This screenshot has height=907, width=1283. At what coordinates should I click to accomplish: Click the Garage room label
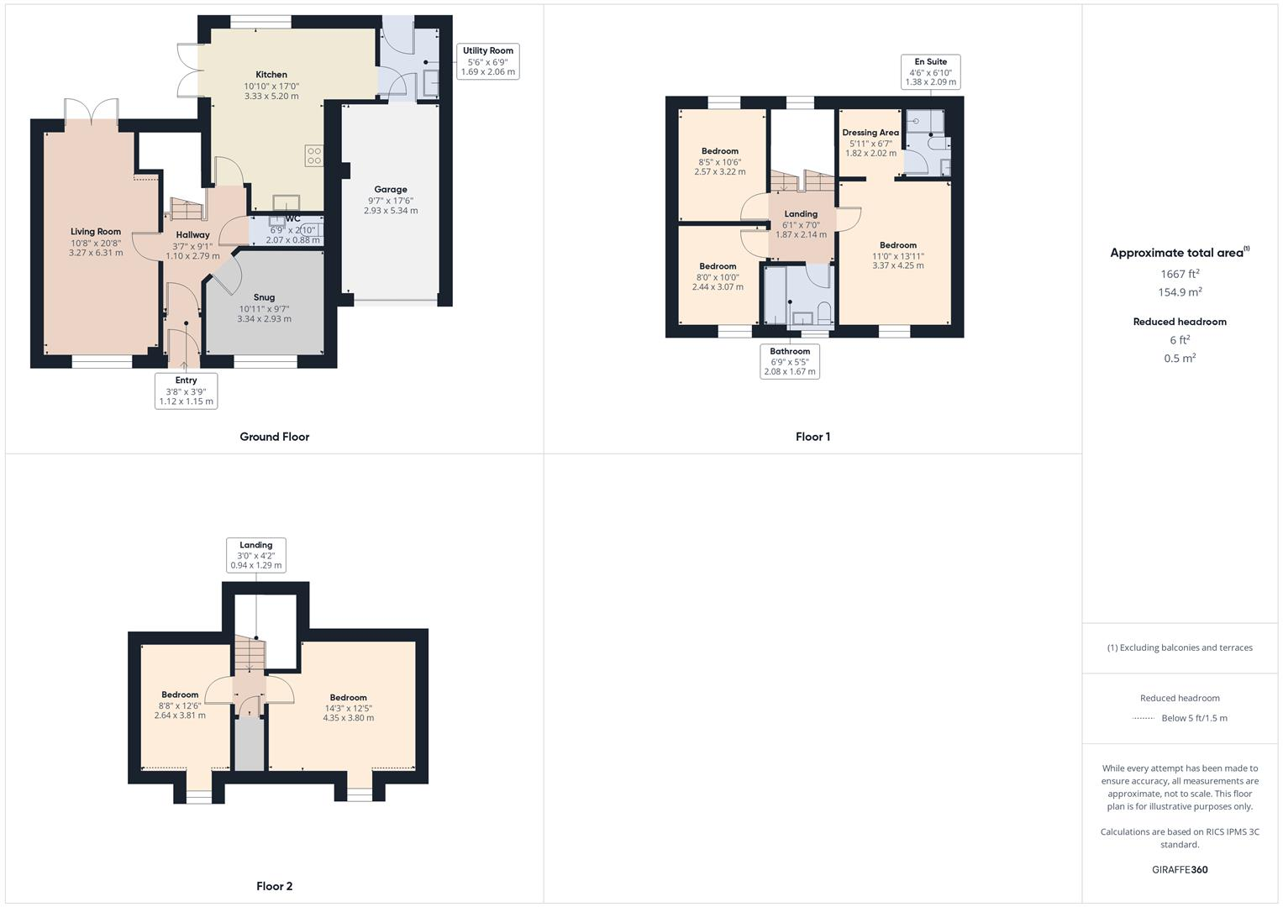click(391, 190)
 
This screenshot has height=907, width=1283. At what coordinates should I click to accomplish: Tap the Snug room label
click(264, 297)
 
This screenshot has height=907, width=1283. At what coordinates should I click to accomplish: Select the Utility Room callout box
click(487, 61)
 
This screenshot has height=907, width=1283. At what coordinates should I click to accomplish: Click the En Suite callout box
click(930, 72)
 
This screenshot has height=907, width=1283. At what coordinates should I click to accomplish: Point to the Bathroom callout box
click(790, 361)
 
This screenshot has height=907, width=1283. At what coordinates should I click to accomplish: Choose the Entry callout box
click(186, 391)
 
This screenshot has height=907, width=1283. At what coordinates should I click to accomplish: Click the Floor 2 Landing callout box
click(256, 555)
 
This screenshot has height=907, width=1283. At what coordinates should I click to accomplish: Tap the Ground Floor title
click(275, 437)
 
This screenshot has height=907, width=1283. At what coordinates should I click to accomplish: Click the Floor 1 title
click(812, 437)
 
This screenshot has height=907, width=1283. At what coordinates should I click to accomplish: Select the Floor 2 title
click(275, 886)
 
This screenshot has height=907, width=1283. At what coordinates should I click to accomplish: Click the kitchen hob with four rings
click(314, 155)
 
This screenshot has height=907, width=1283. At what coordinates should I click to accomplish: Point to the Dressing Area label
click(870, 133)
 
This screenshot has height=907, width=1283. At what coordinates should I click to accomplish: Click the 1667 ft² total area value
click(1180, 274)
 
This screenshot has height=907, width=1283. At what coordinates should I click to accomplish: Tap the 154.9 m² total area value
click(1180, 292)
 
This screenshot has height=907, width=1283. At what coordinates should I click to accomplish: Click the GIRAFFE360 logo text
click(1180, 870)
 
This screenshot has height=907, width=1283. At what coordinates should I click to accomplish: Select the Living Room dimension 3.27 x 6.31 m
click(96, 253)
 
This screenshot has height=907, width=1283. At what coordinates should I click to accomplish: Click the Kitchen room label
click(271, 75)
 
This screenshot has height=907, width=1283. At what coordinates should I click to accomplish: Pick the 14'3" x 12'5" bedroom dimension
click(349, 708)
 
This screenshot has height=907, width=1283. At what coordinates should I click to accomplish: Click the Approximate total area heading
click(1180, 253)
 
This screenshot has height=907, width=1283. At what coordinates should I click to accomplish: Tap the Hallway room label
click(192, 235)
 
